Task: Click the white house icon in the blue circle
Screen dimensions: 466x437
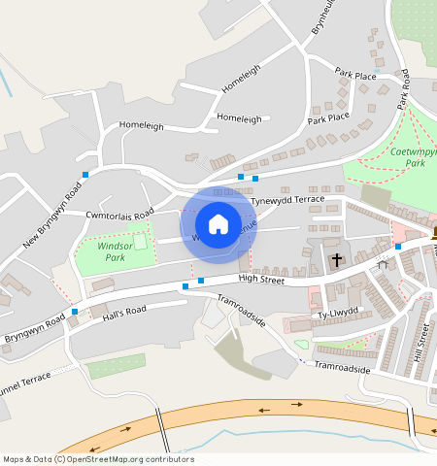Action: (218, 224)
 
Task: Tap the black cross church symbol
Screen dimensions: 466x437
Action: (337, 260)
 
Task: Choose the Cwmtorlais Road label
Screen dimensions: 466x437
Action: (119, 214)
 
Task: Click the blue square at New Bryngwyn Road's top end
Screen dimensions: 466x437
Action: (85, 174)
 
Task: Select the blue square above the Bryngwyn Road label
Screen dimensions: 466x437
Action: (75, 312)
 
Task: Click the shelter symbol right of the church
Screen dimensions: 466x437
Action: (383, 261)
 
